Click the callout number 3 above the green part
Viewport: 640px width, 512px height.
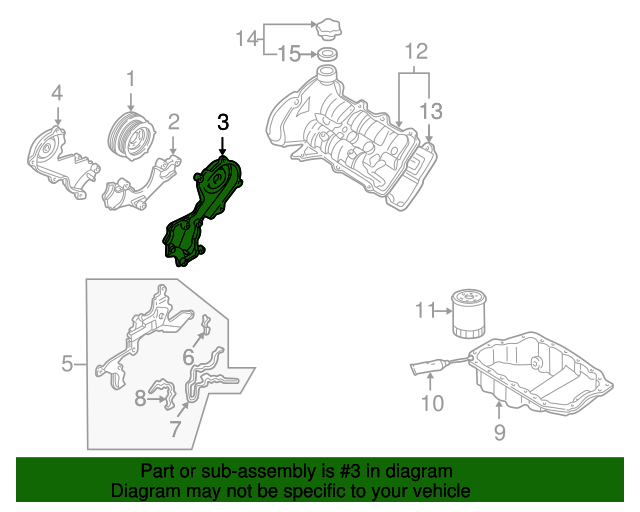tap(223, 122)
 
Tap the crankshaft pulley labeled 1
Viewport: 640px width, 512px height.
tap(129, 134)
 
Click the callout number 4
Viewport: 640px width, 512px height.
tap(57, 94)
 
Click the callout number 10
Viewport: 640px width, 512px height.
tap(431, 404)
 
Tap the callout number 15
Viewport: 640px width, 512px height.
tap(288, 54)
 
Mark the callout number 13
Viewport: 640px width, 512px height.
tap(430, 110)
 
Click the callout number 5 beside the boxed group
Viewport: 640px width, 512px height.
tap(67, 364)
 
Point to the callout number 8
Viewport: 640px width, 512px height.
tap(140, 399)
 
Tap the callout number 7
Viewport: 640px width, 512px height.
tap(176, 430)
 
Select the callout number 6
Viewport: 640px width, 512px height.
tap(187, 356)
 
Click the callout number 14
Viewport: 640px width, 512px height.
tap(246, 39)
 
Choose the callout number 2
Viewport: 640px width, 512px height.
tap(173, 122)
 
